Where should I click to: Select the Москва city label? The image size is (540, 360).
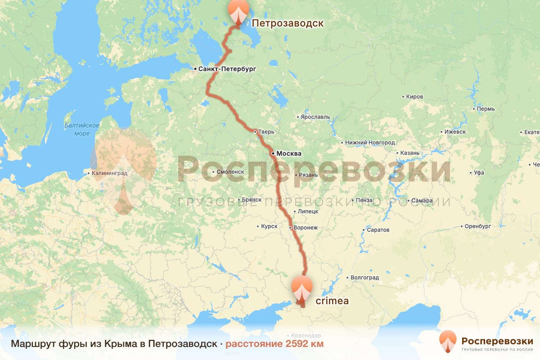pos(288,153)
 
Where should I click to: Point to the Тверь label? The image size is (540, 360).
pos(265,132)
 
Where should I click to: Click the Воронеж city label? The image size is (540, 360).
pos(305,228)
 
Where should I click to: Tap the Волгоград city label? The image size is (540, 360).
pos(365,278)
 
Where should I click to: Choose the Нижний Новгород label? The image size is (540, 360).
pos(369,143)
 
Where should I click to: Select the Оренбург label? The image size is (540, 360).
pos(477,226)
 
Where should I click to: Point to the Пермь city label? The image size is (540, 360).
pos(486,109)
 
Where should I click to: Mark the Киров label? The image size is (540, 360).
pos(414,97)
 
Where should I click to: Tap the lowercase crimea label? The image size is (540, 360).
pos(333,301)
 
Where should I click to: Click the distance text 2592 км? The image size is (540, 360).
pos(274,344)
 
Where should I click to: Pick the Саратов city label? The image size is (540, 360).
pos(378,230)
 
